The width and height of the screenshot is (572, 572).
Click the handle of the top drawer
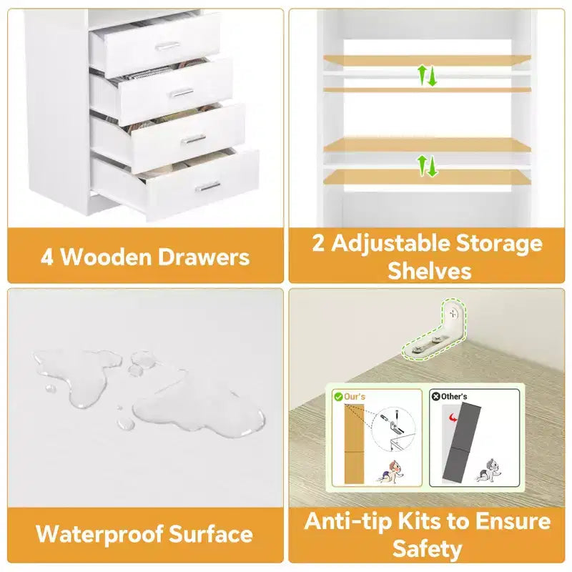pos(167,46)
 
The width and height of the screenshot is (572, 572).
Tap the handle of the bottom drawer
pos(208,187)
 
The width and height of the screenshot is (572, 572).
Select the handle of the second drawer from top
pos(182,93)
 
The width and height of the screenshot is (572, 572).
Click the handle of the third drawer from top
pos(193,139)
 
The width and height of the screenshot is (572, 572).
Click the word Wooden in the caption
pos(106,257)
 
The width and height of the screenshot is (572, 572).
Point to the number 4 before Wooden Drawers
pos(47,257)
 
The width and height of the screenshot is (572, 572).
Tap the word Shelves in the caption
pos(430,271)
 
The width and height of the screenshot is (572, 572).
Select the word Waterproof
pos(99,535)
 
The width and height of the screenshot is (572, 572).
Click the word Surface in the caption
pos(211,534)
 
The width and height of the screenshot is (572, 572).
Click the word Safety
pos(427,548)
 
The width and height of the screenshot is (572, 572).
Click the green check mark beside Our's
pos(338,397)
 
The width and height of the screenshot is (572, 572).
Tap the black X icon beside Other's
pos(435,396)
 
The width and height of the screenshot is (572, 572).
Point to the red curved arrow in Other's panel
pos(453,417)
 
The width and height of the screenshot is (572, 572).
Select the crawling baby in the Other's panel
pos(489,470)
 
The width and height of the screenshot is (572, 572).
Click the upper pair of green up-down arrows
pos(427,76)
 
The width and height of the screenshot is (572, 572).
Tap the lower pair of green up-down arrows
pos(427,166)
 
